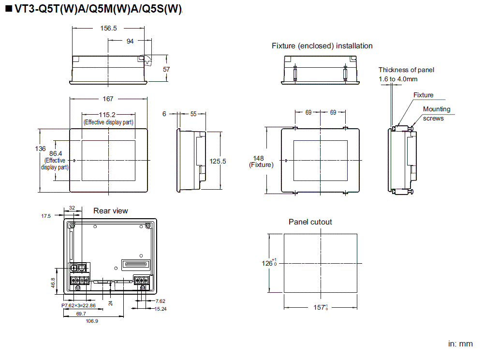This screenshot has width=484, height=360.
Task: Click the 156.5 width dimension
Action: pos(109,29)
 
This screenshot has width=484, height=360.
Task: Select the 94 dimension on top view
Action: pos(130,42)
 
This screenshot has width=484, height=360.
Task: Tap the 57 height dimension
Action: pos(166,70)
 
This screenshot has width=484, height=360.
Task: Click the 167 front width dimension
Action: pos(108,99)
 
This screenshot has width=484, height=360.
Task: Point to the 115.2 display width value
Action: pos(107,115)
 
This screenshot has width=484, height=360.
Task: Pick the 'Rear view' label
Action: pos(111,211)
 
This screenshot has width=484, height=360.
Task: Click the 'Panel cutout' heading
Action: pos(310,222)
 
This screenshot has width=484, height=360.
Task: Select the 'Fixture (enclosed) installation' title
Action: pos(322,46)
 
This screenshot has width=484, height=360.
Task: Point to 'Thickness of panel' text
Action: pos(406,70)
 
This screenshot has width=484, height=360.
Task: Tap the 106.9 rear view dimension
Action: pos(92,321)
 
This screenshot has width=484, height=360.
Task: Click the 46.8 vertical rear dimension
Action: pos(53,283)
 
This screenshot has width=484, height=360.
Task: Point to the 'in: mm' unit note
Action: pos(460,344)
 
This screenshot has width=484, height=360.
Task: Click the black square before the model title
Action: pos(8,10)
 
